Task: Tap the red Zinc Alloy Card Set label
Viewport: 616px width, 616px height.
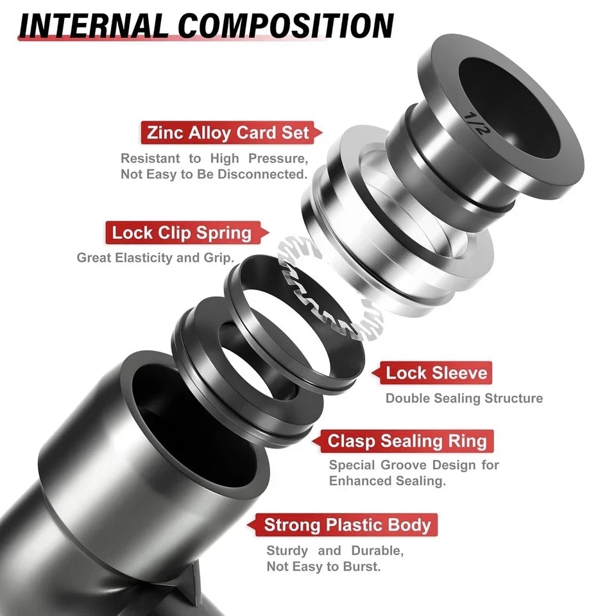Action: (228, 133)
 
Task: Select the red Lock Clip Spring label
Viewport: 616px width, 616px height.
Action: (182, 232)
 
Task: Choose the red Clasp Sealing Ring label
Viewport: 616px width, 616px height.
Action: (407, 441)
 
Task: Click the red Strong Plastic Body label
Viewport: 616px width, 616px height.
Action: (347, 525)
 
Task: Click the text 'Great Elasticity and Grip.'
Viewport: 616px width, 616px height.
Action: (155, 258)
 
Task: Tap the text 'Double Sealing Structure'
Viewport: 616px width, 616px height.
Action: (464, 398)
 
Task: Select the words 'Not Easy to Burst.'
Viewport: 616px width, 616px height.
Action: (324, 567)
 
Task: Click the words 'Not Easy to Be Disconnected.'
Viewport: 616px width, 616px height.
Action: (214, 175)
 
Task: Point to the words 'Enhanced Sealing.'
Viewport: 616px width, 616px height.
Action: (388, 481)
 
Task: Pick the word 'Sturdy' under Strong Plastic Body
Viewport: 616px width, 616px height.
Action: (286, 551)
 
